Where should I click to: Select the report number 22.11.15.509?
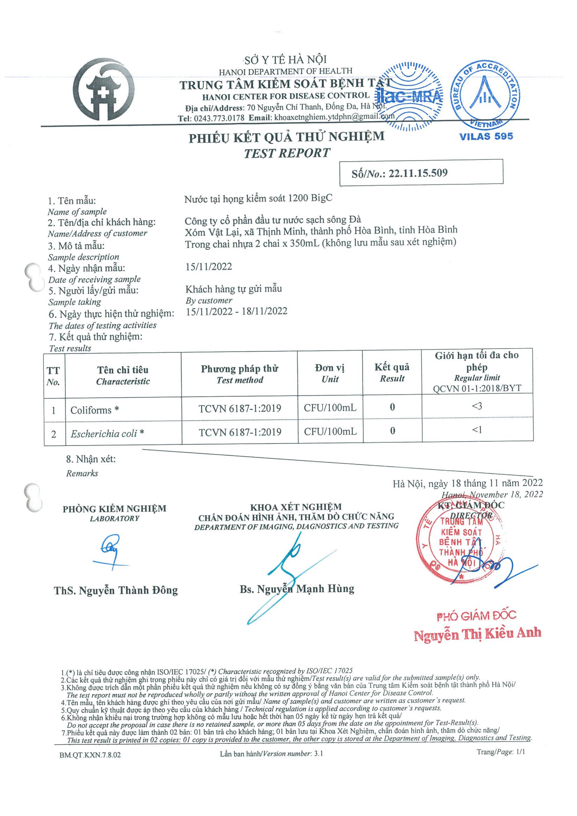418,173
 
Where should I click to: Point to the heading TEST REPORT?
287,153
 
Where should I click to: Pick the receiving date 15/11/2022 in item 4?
209,267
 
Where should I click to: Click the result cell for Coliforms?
392,407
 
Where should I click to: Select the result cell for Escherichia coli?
392,431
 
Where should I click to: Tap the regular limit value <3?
477,406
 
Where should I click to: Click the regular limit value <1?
477,430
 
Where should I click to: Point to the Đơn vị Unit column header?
330,373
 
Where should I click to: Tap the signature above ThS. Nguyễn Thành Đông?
111,553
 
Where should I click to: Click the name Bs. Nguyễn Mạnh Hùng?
297,589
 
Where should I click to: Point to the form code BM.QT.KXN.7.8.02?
90,754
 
